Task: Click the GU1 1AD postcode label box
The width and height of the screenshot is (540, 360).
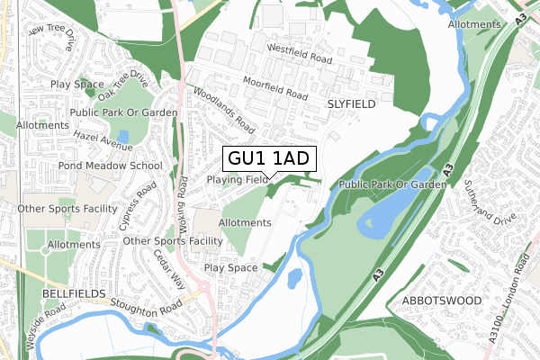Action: [268, 158]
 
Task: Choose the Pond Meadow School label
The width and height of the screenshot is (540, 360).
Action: [110, 166]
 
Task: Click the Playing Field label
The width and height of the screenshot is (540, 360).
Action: [238, 180]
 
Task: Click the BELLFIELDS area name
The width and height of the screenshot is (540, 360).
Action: [73, 294]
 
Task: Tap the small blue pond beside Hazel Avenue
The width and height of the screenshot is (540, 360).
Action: [121, 136]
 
